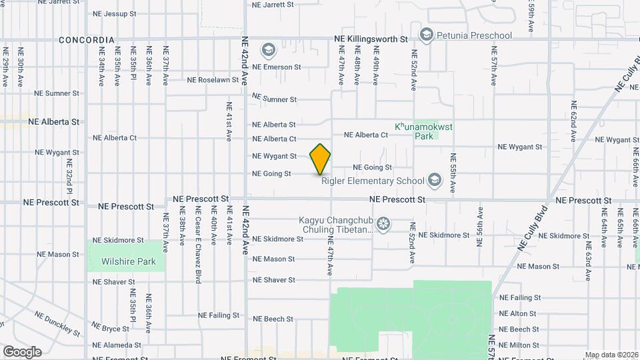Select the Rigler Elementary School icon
[x=435, y=180]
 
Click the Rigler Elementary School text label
[x=373, y=181]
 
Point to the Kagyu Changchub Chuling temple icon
[x=383, y=223]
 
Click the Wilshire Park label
[x=129, y=261]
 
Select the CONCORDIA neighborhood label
[x=87, y=40]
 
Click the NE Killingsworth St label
[x=371, y=40]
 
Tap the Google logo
[x=22, y=351]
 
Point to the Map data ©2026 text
[x=611, y=355]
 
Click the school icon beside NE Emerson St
[x=268, y=50]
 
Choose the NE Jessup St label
[x=115, y=13]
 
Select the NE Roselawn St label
[x=213, y=80]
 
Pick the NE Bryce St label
[x=111, y=329]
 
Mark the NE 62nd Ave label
[x=573, y=122]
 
